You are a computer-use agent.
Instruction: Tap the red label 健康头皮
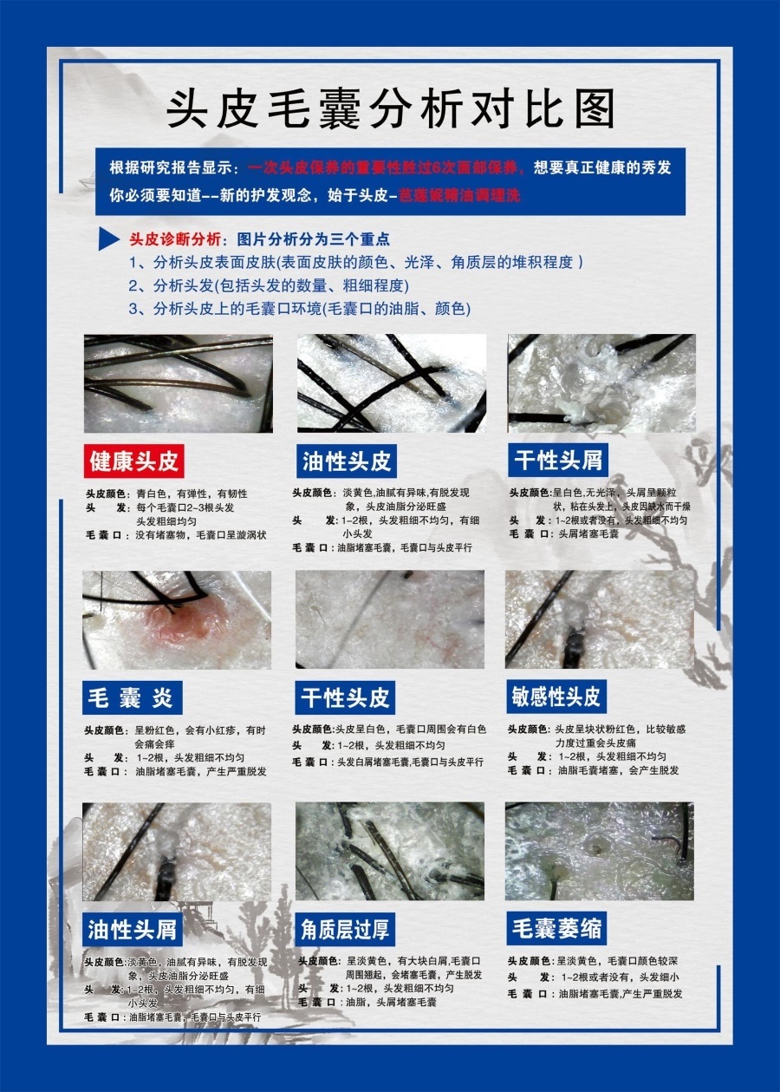[134, 461]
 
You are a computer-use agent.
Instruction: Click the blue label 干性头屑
[558, 459]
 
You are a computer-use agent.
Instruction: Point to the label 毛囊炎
[133, 696]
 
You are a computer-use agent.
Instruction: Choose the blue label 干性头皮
[347, 696]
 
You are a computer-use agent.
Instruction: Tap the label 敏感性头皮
[556, 696]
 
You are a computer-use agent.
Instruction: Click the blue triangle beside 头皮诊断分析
[108, 239]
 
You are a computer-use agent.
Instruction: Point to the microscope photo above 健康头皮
[178, 383]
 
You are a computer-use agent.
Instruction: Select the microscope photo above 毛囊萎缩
[599, 851]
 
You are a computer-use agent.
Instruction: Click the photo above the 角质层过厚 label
[389, 851]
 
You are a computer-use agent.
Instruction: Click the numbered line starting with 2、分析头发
[269, 285]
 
